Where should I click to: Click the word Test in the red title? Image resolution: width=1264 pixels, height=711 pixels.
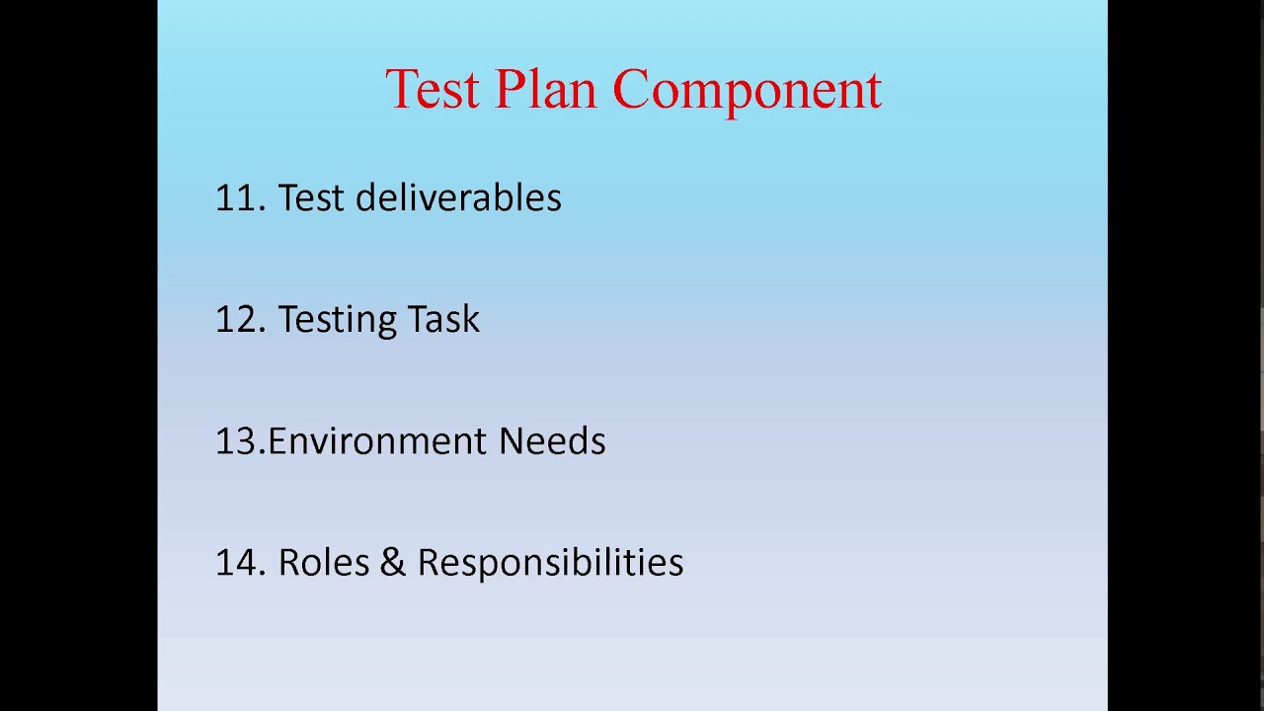click(431, 90)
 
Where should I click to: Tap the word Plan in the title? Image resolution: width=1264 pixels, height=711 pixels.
click(545, 90)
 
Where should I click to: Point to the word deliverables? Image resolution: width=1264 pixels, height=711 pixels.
click(458, 197)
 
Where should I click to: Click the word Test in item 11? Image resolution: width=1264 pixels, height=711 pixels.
click(310, 198)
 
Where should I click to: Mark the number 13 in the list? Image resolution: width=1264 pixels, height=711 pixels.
click(236, 441)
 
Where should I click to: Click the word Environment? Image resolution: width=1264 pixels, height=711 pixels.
click(376, 441)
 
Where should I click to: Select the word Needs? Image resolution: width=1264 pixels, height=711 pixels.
click(552, 441)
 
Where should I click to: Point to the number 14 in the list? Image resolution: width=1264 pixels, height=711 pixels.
click(236, 563)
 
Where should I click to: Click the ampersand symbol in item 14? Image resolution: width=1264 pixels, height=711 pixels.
click(392, 563)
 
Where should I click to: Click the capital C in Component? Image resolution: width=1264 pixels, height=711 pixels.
click(632, 90)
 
